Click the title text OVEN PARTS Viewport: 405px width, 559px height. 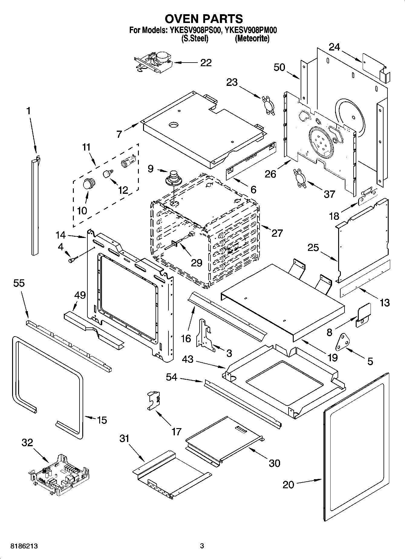pos(203,19)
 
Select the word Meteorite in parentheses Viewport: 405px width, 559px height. pos(252,38)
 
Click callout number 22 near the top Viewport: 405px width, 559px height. pos(206,63)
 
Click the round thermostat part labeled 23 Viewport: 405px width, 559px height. pos(268,105)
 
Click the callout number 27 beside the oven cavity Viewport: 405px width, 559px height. pos(277,233)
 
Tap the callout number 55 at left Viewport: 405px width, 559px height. pos(19,283)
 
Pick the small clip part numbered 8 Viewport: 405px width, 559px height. pos(363,315)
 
